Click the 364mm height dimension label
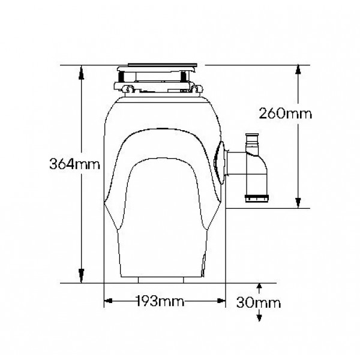(x=75, y=164)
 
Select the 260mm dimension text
(x=286, y=113)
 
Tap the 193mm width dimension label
(x=160, y=301)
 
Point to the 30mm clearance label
(x=259, y=302)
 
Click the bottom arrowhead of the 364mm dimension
(x=81, y=275)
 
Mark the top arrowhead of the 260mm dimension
(x=298, y=70)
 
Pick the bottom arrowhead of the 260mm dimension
(x=298, y=203)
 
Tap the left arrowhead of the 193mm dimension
(x=109, y=301)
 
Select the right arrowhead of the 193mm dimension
(x=221, y=301)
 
